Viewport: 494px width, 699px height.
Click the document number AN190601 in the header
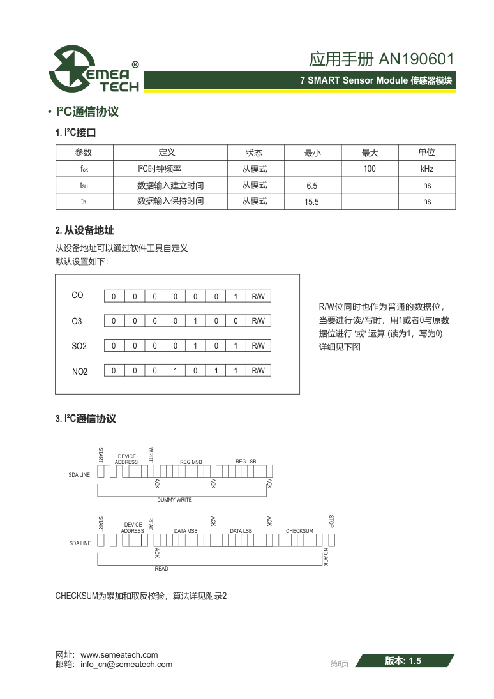(416, 59)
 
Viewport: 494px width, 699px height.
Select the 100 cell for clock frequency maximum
(370, 169)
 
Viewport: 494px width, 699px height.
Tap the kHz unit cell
(427, 169)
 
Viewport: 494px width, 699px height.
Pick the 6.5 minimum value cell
(311, 186)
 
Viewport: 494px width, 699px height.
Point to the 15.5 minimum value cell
(311, 202)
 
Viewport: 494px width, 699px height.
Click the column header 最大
(370, 153)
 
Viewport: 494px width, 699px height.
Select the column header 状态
(255, 153)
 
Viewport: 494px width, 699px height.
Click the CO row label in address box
(77, 296)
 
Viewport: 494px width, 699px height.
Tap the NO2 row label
(80, 372)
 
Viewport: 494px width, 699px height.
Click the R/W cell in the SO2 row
(258, 346)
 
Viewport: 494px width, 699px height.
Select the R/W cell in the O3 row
(258, 321)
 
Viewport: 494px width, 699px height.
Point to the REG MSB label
(191, 462)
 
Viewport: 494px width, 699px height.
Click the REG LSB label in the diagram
(246, 462)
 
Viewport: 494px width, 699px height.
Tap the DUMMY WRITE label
(174, 500)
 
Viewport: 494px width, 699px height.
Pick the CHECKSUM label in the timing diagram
(299, 531)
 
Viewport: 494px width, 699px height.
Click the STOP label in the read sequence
(331, 521)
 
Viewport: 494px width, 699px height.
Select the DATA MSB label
(186, 531)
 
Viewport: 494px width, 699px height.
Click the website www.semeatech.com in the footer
(119, 654)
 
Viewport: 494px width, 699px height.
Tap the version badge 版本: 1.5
(403, 661)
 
